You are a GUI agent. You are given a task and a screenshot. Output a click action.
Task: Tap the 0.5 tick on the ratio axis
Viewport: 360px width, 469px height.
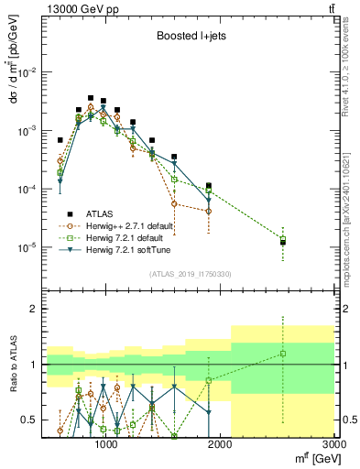pyautogui.click(x=32, y=420)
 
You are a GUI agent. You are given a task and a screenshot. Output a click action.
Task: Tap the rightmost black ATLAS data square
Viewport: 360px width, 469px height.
pyautogui.click(x=283, y=243)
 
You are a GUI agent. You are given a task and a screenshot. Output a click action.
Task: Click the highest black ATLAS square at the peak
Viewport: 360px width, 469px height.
pyautogui.click(x=91, y=98)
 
